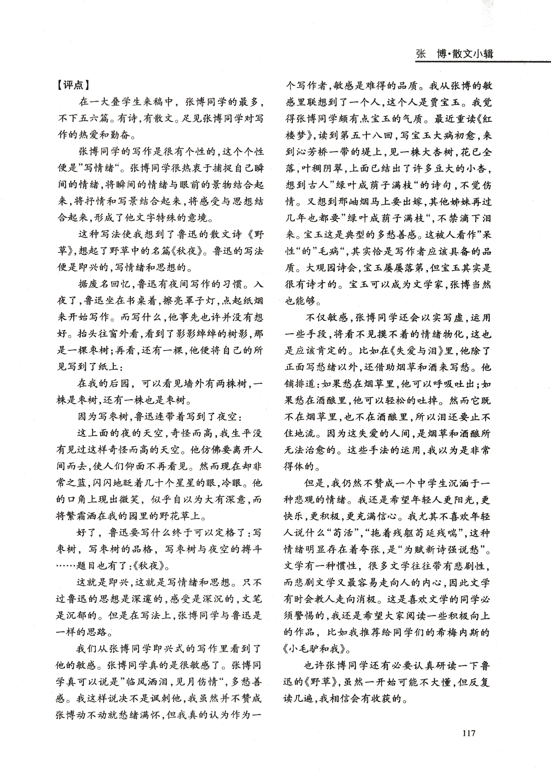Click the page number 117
pyautogui.click(x=468, y=733)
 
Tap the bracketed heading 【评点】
pyautogui.click(x=73, y=85)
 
